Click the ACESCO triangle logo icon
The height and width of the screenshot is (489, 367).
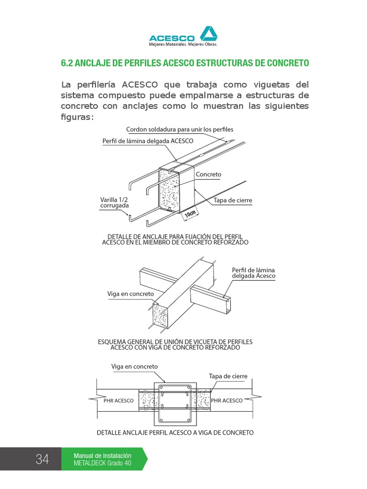coord(208,34)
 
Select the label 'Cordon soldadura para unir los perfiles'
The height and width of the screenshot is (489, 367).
coord(179,129)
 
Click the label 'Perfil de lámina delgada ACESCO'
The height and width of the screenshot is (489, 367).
coord(148,141)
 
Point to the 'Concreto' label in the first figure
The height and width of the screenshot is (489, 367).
coord(208,174)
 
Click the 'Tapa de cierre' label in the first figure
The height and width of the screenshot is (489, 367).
coord(233,201)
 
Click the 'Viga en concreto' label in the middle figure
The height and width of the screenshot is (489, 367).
coord(130,293)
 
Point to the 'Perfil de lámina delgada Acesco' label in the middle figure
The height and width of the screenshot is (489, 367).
coord(254,273)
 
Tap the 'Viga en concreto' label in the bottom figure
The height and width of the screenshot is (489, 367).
coord(134,366)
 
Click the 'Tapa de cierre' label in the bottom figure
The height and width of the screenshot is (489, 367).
coord(228,376)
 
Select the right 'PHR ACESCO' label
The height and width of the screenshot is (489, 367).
coord(227,401)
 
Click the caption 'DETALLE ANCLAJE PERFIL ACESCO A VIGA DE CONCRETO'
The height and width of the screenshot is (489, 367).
coord(175,433)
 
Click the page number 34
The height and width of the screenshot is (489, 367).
coord(42,459)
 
